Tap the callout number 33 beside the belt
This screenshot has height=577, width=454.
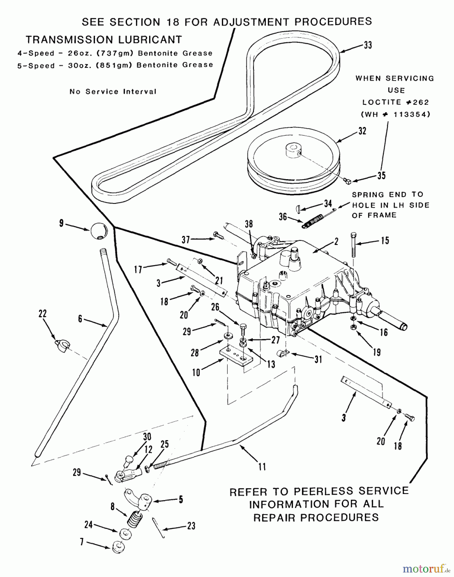coord(368,45)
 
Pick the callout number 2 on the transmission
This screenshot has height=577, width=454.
coord(336,241)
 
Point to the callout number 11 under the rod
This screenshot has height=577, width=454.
coord(262,467)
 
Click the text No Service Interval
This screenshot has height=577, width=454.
coord(113,92)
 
